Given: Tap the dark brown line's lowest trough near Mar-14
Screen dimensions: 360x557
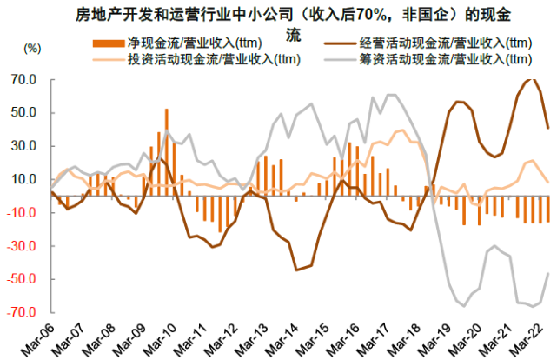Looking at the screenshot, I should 297,270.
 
